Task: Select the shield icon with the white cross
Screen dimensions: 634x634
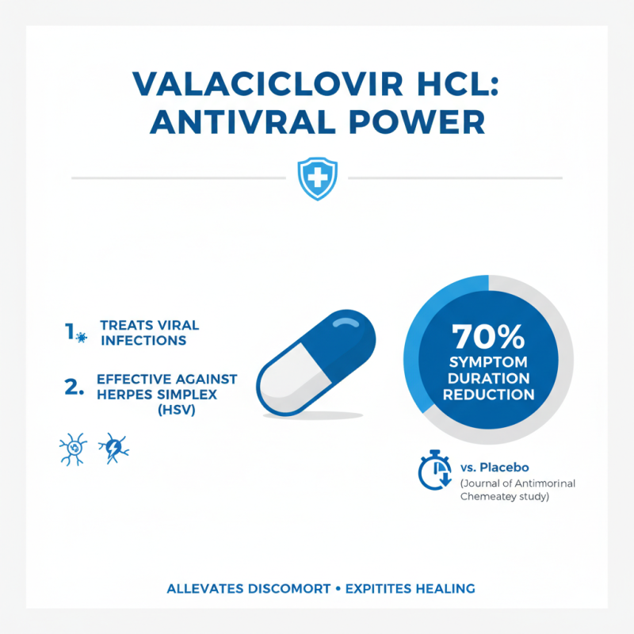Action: pos(317,178)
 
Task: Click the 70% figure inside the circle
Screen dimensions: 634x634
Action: pos(488,338)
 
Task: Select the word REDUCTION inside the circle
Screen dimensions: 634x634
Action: pos(488,395)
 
